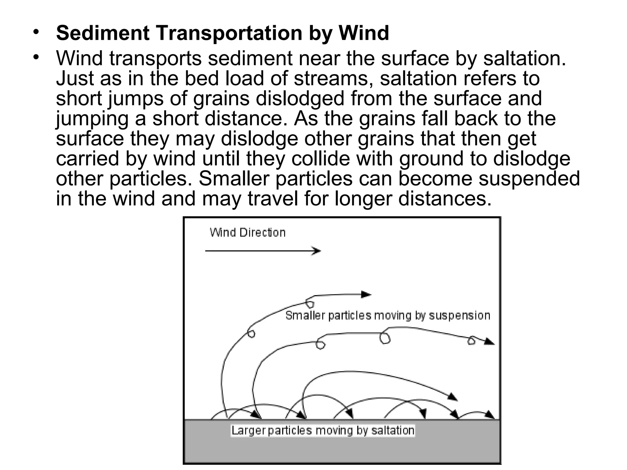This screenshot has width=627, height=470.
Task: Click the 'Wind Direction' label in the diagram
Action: click(247, 233)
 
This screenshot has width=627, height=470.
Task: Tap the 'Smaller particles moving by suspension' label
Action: click(388, 315)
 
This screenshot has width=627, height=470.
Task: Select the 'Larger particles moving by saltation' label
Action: click(323, 431)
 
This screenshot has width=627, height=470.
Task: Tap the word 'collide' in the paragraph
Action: click(321, 159)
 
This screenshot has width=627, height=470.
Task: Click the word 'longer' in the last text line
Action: click(363, 199)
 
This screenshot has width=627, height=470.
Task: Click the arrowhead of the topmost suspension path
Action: click(367, 295)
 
